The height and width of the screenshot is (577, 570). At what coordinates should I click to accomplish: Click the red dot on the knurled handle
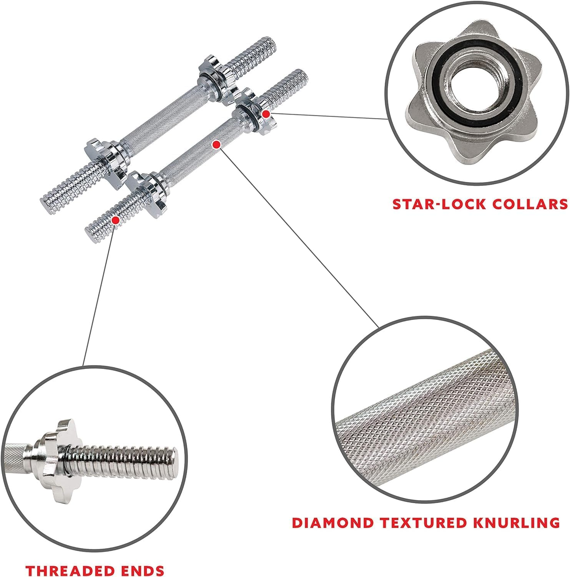216,145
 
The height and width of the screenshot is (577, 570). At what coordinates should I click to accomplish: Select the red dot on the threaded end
115,220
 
